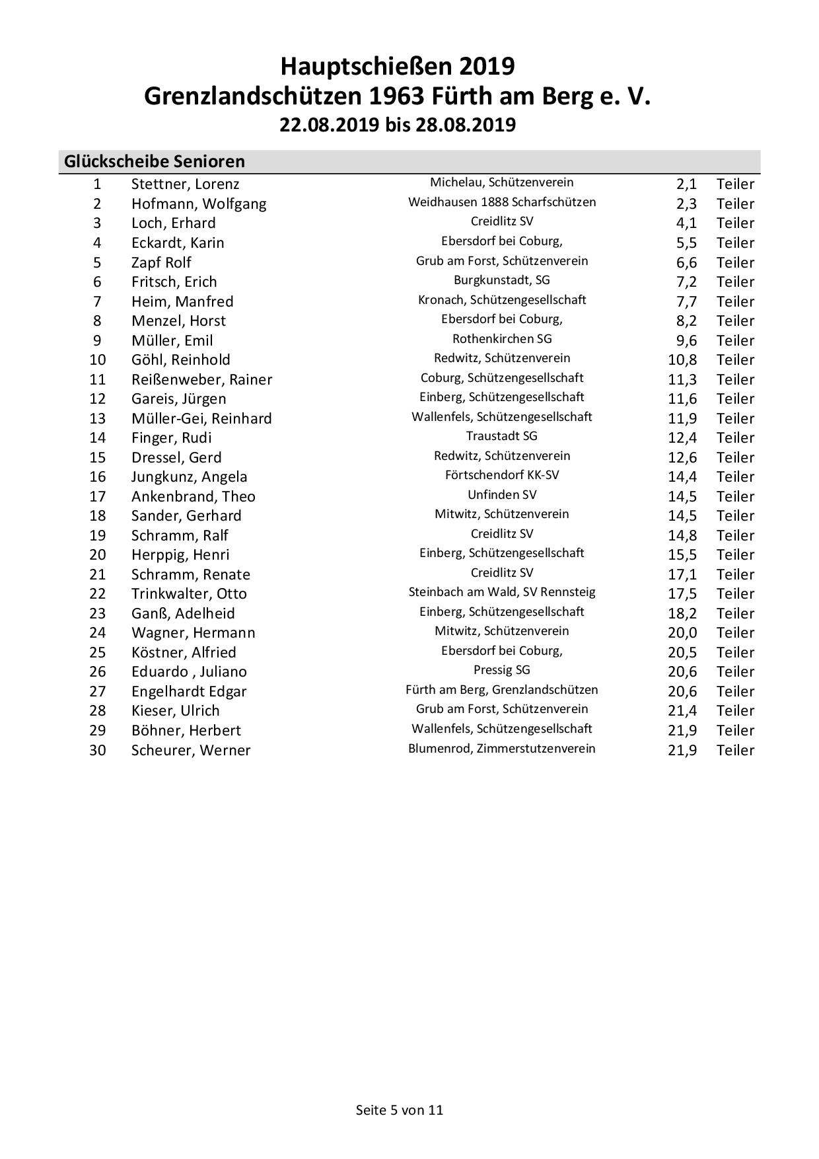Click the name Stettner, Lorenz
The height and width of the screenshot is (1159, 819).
pyautogui.click(x=185, y=184)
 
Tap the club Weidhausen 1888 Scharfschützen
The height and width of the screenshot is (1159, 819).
pyautogui.click(x=502, y=202)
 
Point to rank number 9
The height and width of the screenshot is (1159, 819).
pyautogui.click(x=97, y=340)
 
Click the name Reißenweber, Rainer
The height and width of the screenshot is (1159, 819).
pyautogui.click(x=201, y=379)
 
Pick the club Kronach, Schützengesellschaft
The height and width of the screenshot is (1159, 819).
pyautogui.click(x=502, y=300)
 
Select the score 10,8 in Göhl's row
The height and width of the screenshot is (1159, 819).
pyautogui.click(x=682, y=360)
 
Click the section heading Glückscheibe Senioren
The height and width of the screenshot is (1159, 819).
pyautogui.click(x=155, y=161)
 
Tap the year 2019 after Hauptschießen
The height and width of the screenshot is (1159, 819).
pyautogui.click(x=487, y=67)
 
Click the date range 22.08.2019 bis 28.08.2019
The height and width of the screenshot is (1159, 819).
pyautogui.click(x=398, y=125)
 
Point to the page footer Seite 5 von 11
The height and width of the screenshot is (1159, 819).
pyautogui.click(x=400, y=1110)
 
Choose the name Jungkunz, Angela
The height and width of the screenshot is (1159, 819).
pyautogui.click(x=189, y=477)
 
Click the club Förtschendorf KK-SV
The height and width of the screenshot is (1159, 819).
pyautogui.click(x=502, y=475)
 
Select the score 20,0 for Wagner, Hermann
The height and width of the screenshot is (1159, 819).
pyautogui.click(x=682, y=633)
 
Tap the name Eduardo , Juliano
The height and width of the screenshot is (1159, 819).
pyautogui.click(x=189, y=672)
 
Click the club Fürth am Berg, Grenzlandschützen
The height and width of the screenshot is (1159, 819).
pyautogui.click(x=502, y=690)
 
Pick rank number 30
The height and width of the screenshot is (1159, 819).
pyautogui.click(x=97, y=751)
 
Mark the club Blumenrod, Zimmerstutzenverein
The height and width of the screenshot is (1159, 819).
pyautogui.click(x=502, y=749)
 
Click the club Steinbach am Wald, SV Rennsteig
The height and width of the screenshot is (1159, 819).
pyautogui.click(x=502, y=592)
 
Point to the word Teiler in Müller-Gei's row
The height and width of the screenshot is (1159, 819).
pyautogui.click(x=735, y=419)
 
